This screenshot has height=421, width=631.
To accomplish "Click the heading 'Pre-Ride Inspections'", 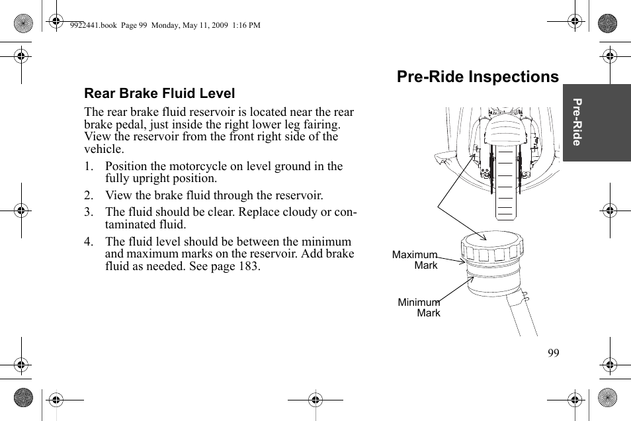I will coord(478,77).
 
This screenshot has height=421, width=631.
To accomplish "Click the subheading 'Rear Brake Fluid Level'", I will coord(159,94).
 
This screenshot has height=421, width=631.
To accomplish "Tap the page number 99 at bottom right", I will coord(553,353).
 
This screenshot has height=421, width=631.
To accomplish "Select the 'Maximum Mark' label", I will coord(415,259).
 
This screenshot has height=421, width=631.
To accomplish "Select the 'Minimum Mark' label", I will coord(419,307).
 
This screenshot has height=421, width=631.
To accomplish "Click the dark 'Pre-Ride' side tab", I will coord(597,122).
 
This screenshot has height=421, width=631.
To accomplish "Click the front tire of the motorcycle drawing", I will coord(505,185).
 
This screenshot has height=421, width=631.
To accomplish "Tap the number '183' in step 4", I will coord(249,266).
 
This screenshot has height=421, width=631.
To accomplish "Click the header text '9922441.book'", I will coord(93,26).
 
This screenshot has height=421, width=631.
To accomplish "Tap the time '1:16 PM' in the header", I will coord(245,26).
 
